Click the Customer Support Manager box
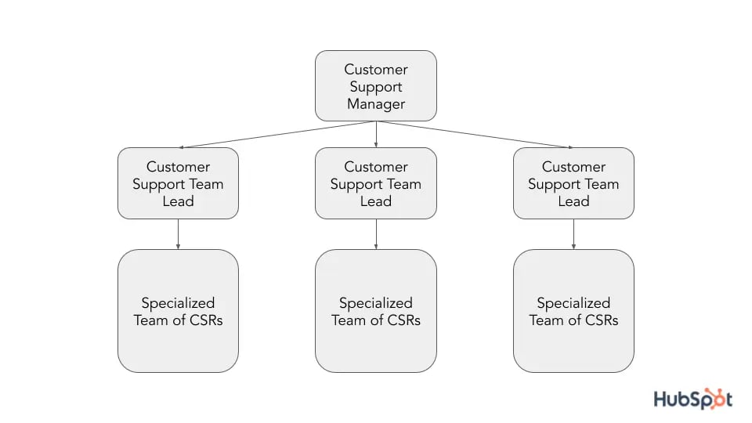[x=376, y=86]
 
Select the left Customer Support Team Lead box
[x=178, y=183]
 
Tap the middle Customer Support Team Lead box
[x=376, y=183]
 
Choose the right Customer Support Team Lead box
[x=573, y=183]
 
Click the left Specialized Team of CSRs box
[x=178, y=311]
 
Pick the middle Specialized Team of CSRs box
[x=376, y=311]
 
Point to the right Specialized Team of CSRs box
[x=573, y=311]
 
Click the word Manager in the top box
[x=376, y=104]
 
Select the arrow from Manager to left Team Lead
[x=274, y=134]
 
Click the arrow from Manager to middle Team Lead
[x=376, y=135]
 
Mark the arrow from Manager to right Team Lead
[x=478, y=134]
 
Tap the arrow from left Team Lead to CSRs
[x=178, y=233]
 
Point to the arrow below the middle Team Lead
[x=376, y=233]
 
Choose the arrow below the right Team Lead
[x=573, y=233]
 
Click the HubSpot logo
[x=693, y=399]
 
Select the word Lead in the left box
[x=178, y=201]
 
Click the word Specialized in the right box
[x=573, y=302]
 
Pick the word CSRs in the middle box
[x=402, y=320]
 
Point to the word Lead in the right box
[x=573, y=201]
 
